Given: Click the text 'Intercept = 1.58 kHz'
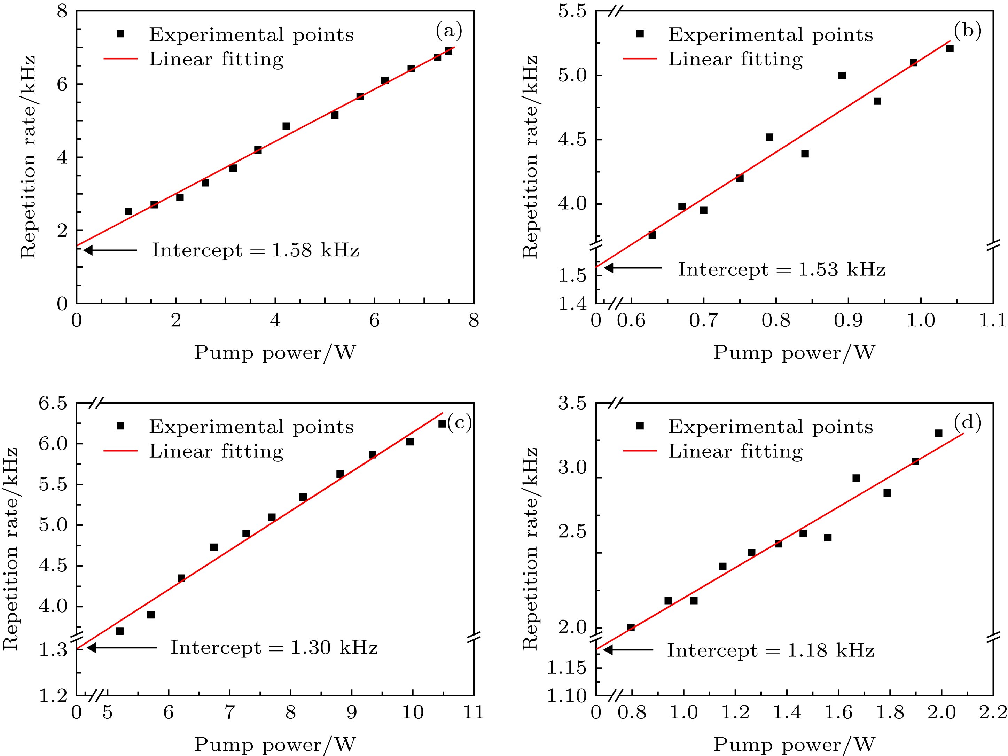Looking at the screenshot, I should click(x=255, y=250).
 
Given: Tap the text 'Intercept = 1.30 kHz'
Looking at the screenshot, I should click(x=274, y=648).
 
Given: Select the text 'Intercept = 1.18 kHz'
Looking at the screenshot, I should click(x=771, y=650).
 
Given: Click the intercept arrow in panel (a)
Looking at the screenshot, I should click(x=110, y=250).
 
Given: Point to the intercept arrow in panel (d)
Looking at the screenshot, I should click(x=628, y=650).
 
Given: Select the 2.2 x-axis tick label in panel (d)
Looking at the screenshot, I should click(x=993, y=712).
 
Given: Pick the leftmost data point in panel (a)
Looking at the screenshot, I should click(x=128, y=211).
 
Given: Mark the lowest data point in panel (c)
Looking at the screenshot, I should click(x=120, y=631).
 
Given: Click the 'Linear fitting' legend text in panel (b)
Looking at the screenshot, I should click(x=735, y=59).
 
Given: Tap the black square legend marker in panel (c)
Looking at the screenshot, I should click(x=120, y=426).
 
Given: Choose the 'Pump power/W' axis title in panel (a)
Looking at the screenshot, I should click(x=275, y=353).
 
